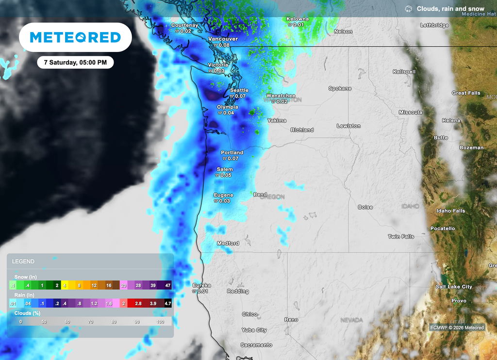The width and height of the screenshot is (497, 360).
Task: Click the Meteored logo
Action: pos(75,37)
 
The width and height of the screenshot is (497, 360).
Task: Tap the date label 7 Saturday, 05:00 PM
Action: pos(75,63)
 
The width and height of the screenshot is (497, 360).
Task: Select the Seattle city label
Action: pos(239,90)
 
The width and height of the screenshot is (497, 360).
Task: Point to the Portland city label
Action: pos(232,152)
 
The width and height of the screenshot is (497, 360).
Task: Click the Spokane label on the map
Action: pos(340,88)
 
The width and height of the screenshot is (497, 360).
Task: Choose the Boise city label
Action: pos(365,207)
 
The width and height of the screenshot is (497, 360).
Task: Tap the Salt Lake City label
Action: pos(454,287)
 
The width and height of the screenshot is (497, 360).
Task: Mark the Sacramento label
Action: pos(257,345)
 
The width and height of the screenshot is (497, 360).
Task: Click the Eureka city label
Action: pos(202,285)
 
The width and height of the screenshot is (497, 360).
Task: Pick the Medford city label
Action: pos(228,243)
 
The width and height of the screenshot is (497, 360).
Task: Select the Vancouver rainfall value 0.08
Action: pos(224,45)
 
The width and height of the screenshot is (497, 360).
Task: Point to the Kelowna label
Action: pos(298,19)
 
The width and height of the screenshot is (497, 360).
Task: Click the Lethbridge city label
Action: pos(434,25)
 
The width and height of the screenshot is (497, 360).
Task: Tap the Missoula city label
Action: pos(411,112)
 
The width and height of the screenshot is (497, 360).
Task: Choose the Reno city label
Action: pos(291,320)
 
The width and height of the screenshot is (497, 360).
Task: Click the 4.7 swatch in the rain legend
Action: pos(168,303)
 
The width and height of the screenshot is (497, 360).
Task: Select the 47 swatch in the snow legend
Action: pos(168,285)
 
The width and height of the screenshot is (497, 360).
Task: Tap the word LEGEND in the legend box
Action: pos(23,262)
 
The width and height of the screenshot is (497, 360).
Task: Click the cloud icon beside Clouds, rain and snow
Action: pos(409,9)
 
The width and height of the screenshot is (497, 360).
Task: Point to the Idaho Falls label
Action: pos(451,211)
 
